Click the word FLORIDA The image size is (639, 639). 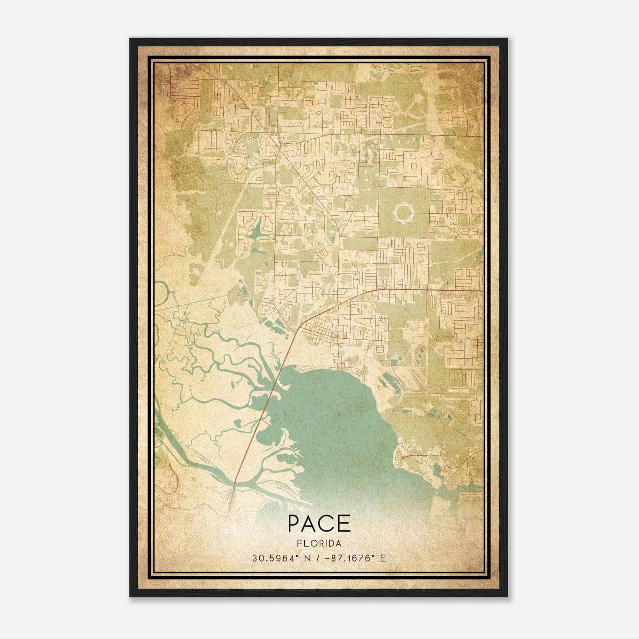(319, 544)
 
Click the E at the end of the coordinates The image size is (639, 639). (383, 558)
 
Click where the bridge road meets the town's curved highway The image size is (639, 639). (297, 330)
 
